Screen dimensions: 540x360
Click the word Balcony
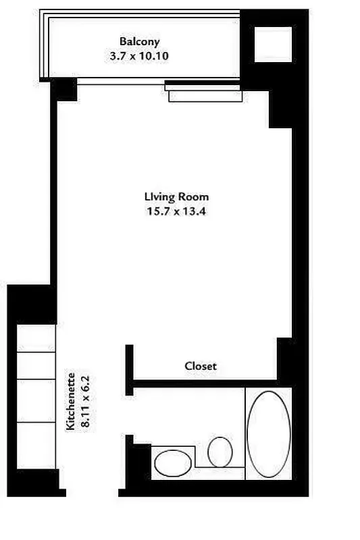pyautogui.click(x=140, y=42)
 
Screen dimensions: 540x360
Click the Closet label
pyautogui.click(x=201, y=366)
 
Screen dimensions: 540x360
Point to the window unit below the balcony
pyautogui.click(x=205, y=92)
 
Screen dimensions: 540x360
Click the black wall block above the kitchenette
pyautogui.click(x=30, y=304)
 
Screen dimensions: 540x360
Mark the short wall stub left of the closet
pyautogui.click(x=129, y=369)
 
